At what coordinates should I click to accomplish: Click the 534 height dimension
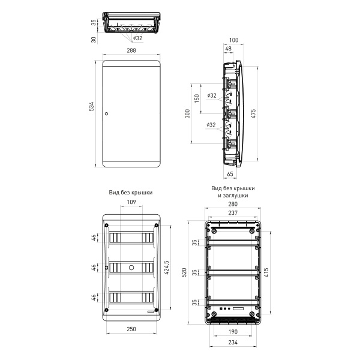(x=91, y=107)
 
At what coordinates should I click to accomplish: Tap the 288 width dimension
(x=131, y=50)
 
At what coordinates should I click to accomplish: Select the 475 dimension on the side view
(x=253, y=114)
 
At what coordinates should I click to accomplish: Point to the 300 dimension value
(x=188, y=114)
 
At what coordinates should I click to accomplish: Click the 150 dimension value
(x=197, y=98)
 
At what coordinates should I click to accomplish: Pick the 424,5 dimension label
(x=167, y=268)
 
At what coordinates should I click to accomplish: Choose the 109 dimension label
(x=131, y=202)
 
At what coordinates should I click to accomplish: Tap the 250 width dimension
(x=131, y=329)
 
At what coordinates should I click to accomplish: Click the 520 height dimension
(x=184, y=272)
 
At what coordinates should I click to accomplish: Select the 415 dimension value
(x=266, y=272)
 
